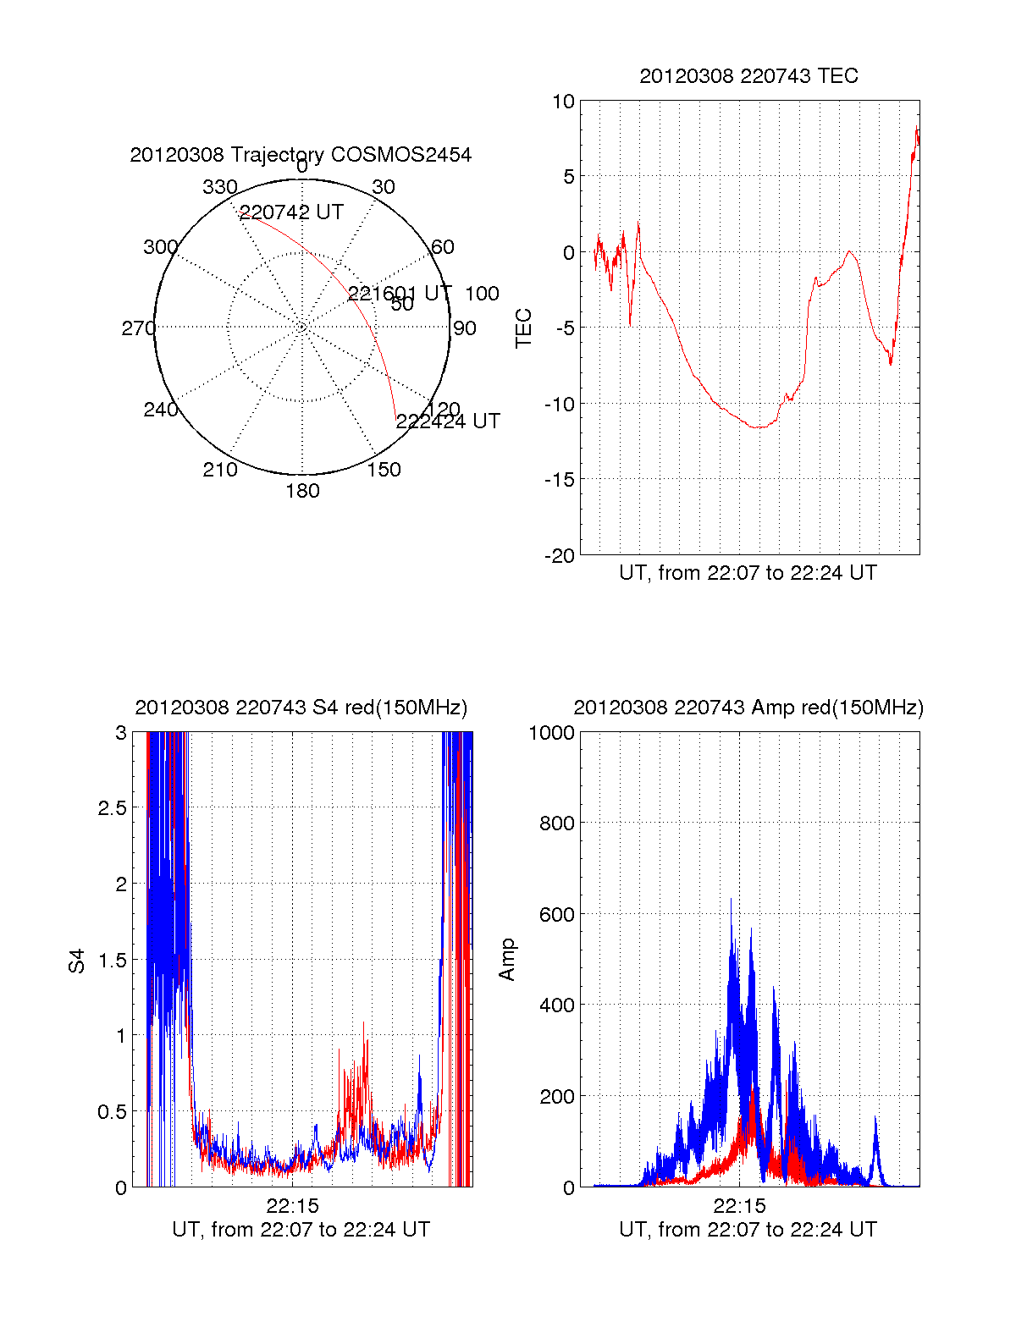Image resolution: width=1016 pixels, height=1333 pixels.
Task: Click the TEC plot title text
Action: coord(748,76)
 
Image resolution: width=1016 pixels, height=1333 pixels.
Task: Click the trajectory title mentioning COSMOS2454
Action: coord(301,155)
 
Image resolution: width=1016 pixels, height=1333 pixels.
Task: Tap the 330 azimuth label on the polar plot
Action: coord(220,187)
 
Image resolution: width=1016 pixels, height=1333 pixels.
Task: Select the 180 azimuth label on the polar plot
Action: coord(302,491)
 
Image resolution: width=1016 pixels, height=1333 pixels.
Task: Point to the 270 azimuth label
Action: coord(138,328)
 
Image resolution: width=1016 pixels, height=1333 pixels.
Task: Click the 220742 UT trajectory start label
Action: coord(291,212)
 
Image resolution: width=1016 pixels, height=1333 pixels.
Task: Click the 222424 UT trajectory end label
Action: coord(448,421)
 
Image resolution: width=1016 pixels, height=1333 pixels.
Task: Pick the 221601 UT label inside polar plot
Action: coord(400,294)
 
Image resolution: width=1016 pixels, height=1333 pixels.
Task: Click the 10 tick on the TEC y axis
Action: coord(563,102)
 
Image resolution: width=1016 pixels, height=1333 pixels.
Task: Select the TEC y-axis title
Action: coord(524,328)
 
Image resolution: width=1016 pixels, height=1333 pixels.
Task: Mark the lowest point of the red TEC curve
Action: coord(759,427)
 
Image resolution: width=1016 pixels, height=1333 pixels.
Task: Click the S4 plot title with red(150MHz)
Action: coord(301,708)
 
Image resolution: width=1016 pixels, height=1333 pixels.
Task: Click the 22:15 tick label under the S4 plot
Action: coord(292,1206)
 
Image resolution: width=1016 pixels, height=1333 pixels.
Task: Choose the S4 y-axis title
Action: coord(77,961)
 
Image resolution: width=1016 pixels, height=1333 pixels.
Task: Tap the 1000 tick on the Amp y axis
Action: coord(551,733)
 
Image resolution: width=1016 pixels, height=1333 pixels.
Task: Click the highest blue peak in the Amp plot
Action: coord(731,900)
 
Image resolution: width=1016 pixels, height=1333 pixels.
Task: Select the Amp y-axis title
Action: coord(507,960)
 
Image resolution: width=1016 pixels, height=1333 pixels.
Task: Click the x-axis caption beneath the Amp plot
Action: coord(748,1230)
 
